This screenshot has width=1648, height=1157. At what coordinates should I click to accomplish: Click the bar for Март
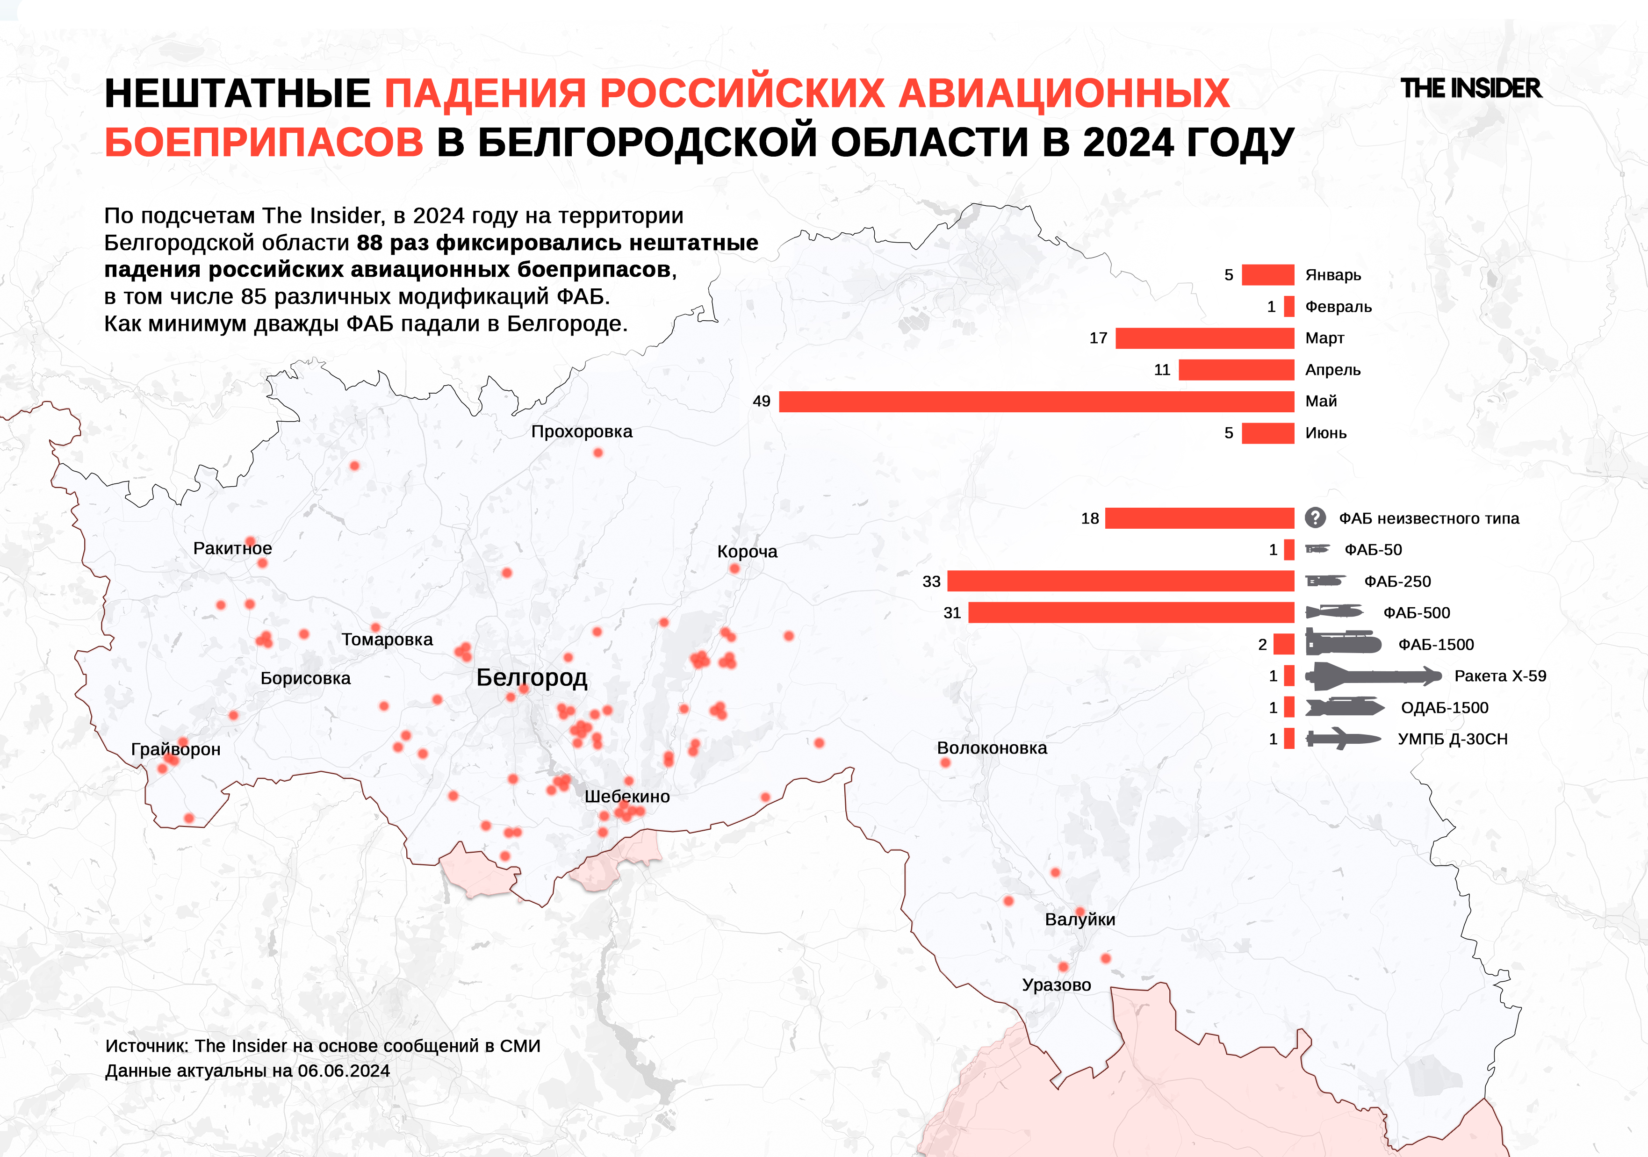pos(1204,338)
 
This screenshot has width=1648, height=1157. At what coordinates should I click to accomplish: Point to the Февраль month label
pos(1338,307)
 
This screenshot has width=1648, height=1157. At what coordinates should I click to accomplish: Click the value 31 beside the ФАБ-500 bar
pos(952,613)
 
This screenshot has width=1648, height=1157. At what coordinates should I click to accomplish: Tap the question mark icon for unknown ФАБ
pos(1314,517)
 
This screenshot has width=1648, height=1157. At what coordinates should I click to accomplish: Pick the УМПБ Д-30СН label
pos(1452,739)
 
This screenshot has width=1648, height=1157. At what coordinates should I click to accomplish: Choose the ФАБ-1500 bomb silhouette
pos(1342,644)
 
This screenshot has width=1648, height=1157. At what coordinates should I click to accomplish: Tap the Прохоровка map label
pos(582,431)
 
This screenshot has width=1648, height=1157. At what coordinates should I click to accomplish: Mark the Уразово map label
pos(1056,985)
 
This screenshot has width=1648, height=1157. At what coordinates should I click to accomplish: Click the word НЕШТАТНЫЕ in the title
pos(237,93)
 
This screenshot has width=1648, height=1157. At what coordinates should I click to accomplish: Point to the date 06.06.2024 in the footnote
pos(343,1071)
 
